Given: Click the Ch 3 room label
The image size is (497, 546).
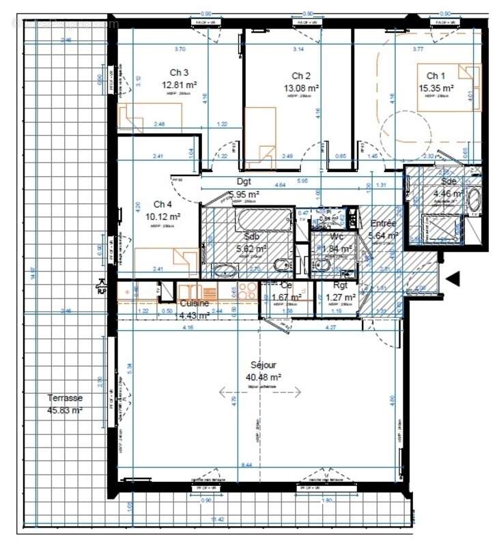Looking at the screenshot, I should [179, 73].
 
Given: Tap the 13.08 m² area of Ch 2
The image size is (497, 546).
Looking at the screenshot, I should [301, 88].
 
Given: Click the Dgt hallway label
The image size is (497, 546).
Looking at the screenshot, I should [244, 182].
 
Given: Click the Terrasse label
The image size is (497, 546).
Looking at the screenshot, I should [65, 398].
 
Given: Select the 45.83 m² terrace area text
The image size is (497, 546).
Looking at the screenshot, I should [65, 410].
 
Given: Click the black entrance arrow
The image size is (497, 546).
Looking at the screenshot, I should [453, 278].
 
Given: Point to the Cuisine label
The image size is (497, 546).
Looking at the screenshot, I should [195, 303].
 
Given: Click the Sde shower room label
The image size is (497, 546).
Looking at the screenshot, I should [449, 182].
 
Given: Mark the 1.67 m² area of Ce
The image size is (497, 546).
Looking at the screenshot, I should [287, 298].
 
